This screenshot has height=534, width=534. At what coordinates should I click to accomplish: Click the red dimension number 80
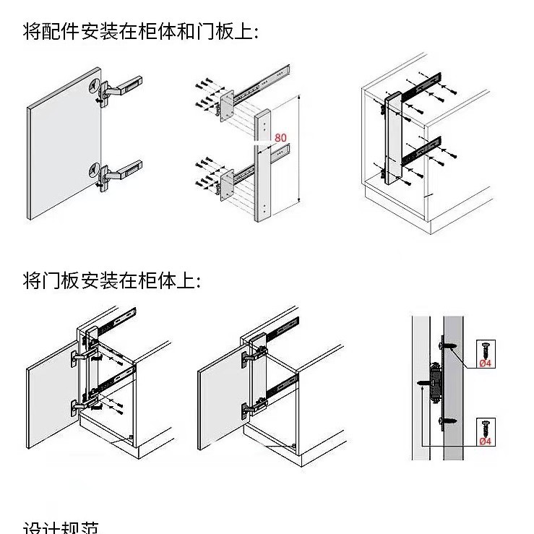click(281, 137)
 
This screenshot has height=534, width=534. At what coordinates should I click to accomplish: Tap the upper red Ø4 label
click(485, 363)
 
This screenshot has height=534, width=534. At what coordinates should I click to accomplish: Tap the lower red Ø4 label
click(485, 440)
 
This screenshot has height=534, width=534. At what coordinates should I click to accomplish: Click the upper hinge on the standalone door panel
click(116, 88)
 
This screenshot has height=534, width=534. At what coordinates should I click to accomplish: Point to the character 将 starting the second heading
click(31, 280)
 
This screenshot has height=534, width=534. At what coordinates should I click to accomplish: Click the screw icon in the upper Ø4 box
click(484, 348)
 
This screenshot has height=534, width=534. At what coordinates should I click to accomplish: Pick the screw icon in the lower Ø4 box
click(484, 426)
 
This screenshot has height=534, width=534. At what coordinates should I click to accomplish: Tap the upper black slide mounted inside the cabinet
click(421, 87)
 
